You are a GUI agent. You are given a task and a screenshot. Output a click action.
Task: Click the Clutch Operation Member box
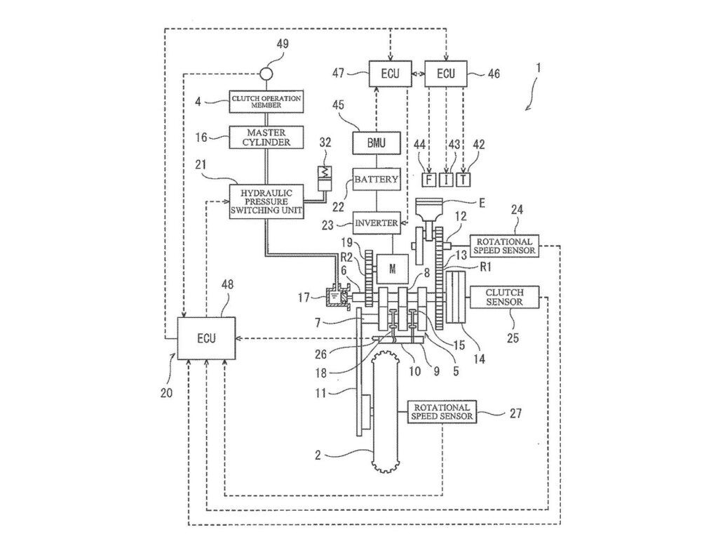pyautogui.click(x=266, y=101)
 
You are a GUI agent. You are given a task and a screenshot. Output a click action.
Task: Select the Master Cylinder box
pyautogui.click(x=266, y=137)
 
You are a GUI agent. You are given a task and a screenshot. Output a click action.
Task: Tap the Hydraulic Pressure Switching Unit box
pyautogui.click(x=266, y=201)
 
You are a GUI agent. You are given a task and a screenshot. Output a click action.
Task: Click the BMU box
pyautogui.click(x=376, y=143)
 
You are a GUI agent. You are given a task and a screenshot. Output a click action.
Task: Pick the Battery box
pyautogui.click(x=376, y=179)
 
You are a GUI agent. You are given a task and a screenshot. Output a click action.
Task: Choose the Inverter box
pyautogui.click(x=376, y=223)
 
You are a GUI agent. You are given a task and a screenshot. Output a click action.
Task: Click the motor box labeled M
pyautogui.click(x=392, y=269)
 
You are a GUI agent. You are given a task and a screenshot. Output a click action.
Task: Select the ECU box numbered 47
pyautogui.click(x=390, y=73)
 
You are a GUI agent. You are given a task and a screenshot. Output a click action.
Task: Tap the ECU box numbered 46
pyautogui.click(x=446, y=73)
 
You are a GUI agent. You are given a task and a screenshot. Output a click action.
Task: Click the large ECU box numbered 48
pyautogui.click(x=206, y=338)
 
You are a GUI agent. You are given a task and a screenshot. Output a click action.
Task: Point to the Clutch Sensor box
pyautogui.click(x=505, y=297)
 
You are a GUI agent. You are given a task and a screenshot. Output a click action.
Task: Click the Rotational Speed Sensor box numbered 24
pyautogui.click(x=505, y=246)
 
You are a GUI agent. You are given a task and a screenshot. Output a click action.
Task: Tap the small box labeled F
pyautogui.click(x=428, y=180)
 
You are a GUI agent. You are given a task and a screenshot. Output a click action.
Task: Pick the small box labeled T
pyautogui.click(x=463, y=180)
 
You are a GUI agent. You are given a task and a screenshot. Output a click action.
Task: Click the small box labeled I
pyautogui.click(x=446, y=180)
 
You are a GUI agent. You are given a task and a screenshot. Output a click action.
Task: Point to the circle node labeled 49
pyautogui.click(x=266, y=73)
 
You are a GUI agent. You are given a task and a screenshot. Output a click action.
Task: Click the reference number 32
pyautogui.click(x=325, y=142)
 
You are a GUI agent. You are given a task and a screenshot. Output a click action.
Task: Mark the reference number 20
pyautogui.click(x=167, y=393)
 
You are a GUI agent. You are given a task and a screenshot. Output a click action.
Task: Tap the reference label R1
pyautogui.click(x=485, y=267)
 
